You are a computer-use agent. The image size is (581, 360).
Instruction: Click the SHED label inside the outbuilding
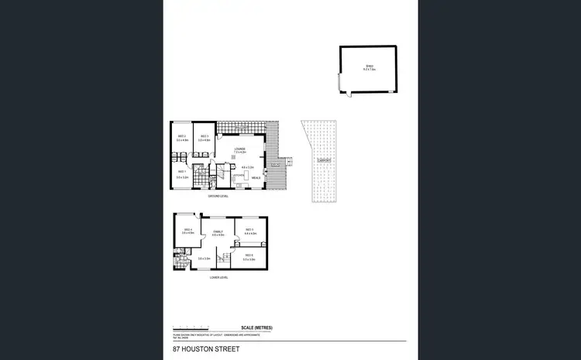(370, 67)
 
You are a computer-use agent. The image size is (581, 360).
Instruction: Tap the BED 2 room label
(182, 136)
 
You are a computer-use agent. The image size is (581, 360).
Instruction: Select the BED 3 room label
(204, 136)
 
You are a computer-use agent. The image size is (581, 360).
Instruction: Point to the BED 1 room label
(182, 172)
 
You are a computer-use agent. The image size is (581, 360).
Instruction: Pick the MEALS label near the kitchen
(256, 177)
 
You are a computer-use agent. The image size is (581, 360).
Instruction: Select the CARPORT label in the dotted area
(324, 161)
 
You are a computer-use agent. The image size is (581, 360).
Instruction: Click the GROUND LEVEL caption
(218, 196)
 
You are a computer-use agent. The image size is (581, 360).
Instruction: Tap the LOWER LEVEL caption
(218, 276)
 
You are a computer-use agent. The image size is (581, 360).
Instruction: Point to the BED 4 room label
(187, 229)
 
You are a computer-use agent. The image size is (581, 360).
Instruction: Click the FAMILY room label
(218, 230)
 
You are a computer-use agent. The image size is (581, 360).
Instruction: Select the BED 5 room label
(249, 229)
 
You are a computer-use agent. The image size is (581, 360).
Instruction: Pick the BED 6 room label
(249, 255)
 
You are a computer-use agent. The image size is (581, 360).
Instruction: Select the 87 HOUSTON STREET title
(206, 349)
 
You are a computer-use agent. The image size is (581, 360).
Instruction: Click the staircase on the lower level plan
(229, 257)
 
